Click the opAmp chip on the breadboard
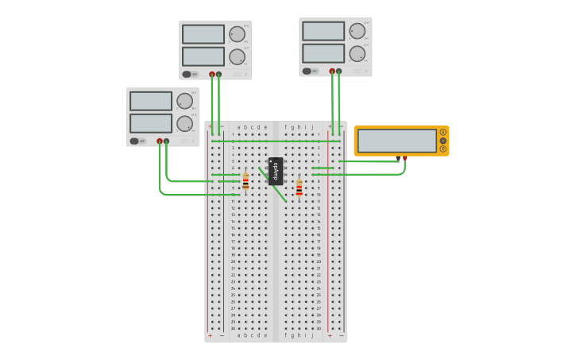click(x=276, y=171)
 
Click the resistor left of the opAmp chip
click(x=245, y=182)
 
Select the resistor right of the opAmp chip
click(x=299, y=188)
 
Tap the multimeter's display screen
click(x=396, y=141)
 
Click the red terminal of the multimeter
click(x=404, y=158)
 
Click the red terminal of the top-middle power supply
click(x=212, y=74)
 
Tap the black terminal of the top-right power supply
click(x=339, y=71)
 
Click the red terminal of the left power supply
click(x=160, y=141)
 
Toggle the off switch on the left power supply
click(x=137, y=141)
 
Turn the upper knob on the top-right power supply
click(x=357, y=31)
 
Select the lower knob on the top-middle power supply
click(x=237, y=56)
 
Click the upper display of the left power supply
click(x=151, y=101)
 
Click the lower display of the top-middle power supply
click(x=203, y=56)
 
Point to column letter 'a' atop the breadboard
click(x=239, y=127)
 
